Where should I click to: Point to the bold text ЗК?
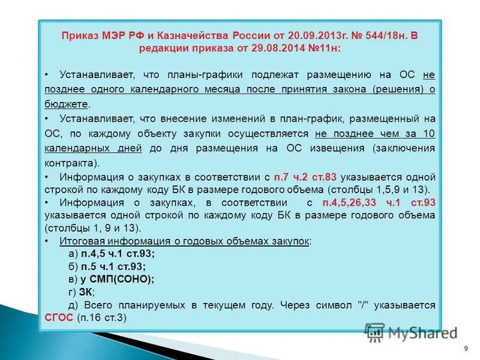(86, 292)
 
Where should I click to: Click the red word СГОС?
(58, 319)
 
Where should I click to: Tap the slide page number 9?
(466, 349)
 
